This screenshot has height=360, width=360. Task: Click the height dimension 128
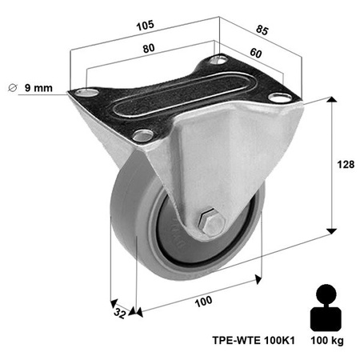point(345,165)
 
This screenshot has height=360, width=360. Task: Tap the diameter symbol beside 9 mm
point(11,87)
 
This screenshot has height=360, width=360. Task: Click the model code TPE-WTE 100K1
point(254,339)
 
